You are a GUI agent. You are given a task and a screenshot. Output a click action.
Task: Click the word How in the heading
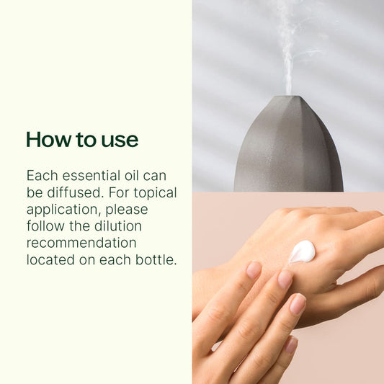[49, 139]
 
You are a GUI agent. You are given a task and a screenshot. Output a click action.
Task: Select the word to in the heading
[86, 140]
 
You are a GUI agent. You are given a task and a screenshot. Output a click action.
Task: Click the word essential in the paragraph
[91, 176]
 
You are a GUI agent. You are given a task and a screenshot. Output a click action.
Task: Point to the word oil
[132, 176]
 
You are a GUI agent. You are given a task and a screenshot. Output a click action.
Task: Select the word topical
[156, 193]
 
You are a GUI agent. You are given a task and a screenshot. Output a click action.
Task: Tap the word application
[64, 210]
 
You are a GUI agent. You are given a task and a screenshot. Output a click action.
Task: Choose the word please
[127, 210]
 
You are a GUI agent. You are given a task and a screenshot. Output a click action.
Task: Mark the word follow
[46, 226]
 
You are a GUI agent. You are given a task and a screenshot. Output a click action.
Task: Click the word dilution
[118, 226]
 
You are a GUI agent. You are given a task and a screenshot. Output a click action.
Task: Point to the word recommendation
[81, 243]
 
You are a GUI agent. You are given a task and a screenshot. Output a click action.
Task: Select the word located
[50, 260]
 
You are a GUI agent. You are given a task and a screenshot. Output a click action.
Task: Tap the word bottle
[156, 260]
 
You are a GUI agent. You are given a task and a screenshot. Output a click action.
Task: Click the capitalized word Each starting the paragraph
[42, 176]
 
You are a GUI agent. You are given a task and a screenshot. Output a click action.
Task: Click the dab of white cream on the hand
[302, 251]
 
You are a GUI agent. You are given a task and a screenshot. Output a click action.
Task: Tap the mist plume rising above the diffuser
[289, 49]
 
